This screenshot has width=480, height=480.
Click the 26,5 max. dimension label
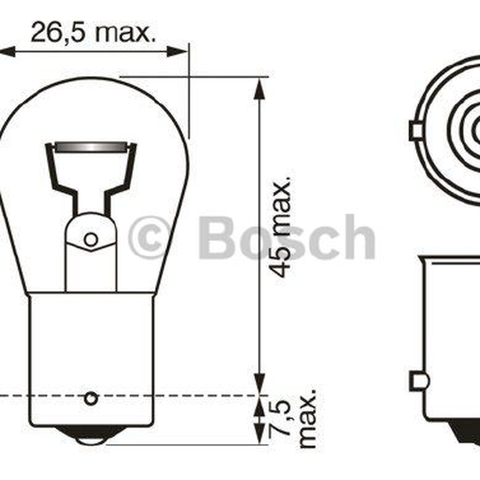click(93, 31)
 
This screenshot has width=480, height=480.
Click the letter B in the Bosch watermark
click(217, 238)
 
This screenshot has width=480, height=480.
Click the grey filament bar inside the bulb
click(90, 147)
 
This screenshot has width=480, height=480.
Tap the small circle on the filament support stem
click(91, 239)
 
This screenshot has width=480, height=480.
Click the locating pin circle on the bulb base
click(91, 398)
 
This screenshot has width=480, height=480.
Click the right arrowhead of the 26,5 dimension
click(177, 52)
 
